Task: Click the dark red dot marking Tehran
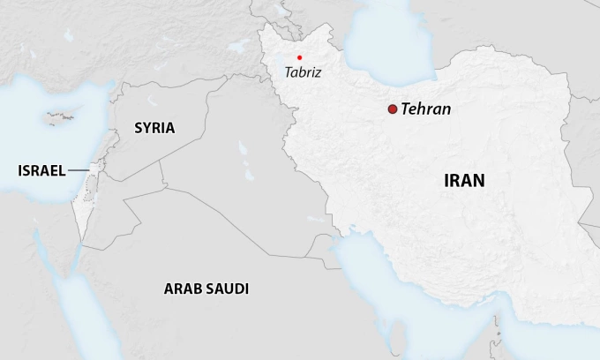(392, 109)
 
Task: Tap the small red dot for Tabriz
(299, 57)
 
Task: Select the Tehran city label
(425, 109)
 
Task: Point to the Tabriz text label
(303, 72)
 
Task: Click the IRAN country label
(464, 181)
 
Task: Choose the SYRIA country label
(154, 128)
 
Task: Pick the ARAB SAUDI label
(206, 289)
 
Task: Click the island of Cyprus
(61, 117)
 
